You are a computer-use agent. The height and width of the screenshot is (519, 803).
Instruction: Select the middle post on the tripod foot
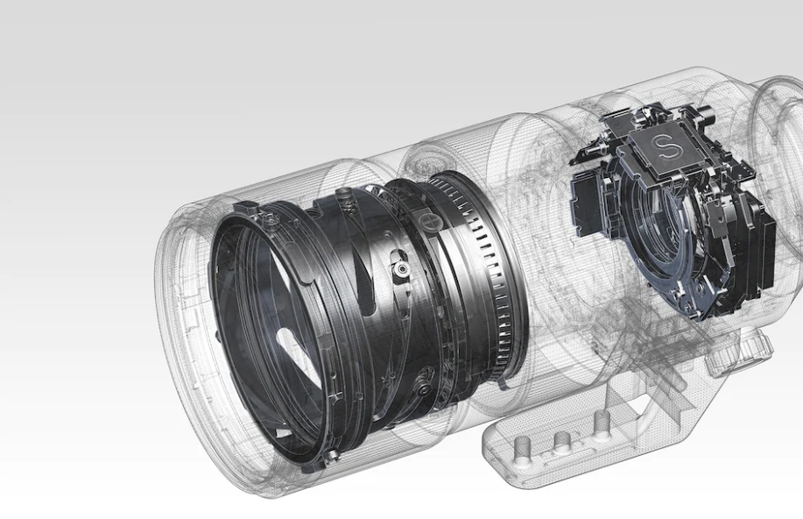pyautogui.click(x=562, y=440)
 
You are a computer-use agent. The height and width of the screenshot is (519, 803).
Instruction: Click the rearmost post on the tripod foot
pyautogui.click(x=601, y=423)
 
